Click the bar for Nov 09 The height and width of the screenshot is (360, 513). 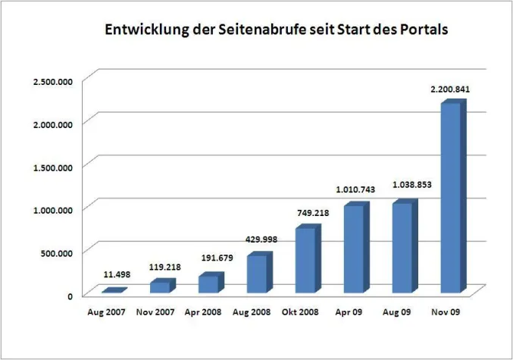coord(451,199)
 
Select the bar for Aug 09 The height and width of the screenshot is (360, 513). coord(402,248)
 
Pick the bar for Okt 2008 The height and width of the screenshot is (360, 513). coord(305,260)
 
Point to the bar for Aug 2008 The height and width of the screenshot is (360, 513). coord(256,273)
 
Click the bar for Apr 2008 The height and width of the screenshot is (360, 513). coord(208,283)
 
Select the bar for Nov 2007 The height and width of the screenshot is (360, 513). coord(159,286)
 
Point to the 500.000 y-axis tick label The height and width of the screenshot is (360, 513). coord(56,252)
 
